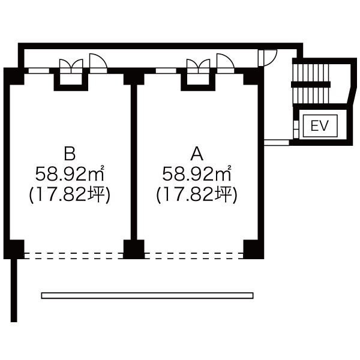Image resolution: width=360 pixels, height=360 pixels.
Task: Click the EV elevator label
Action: click(320, 126)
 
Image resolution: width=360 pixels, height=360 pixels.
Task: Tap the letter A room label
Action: click(197, 154)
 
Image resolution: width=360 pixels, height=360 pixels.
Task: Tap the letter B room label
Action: click(70, 154)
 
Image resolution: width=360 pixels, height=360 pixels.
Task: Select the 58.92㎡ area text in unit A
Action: click(197, 173)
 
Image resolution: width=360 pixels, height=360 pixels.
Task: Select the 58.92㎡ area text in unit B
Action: click(70, 173)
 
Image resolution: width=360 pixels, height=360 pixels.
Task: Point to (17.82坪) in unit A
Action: click(197, 194)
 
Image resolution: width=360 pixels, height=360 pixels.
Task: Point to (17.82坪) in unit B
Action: click(70, 194)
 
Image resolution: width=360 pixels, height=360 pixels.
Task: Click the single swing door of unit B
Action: click(98, 64)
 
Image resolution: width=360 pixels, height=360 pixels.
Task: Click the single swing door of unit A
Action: click(226, 64)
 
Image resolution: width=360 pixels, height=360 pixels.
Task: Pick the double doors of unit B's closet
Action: click(71, 66)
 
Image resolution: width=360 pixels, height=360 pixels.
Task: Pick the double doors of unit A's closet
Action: click(199, 66)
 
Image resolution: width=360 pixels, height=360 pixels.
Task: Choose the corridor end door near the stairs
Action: click(268, 58)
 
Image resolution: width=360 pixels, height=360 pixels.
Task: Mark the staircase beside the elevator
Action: click(310, 84)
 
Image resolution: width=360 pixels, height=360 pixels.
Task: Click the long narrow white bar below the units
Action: click(147, 295)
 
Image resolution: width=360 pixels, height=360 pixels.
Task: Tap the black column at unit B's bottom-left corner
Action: click(14, 250)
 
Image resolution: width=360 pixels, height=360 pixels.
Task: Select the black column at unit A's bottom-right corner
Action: click(253, 250)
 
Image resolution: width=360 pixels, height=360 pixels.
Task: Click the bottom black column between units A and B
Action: click(134, 250)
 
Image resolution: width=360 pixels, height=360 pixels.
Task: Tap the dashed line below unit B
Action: click(74, 256)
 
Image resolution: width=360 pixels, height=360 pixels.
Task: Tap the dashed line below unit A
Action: click(194, 256)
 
